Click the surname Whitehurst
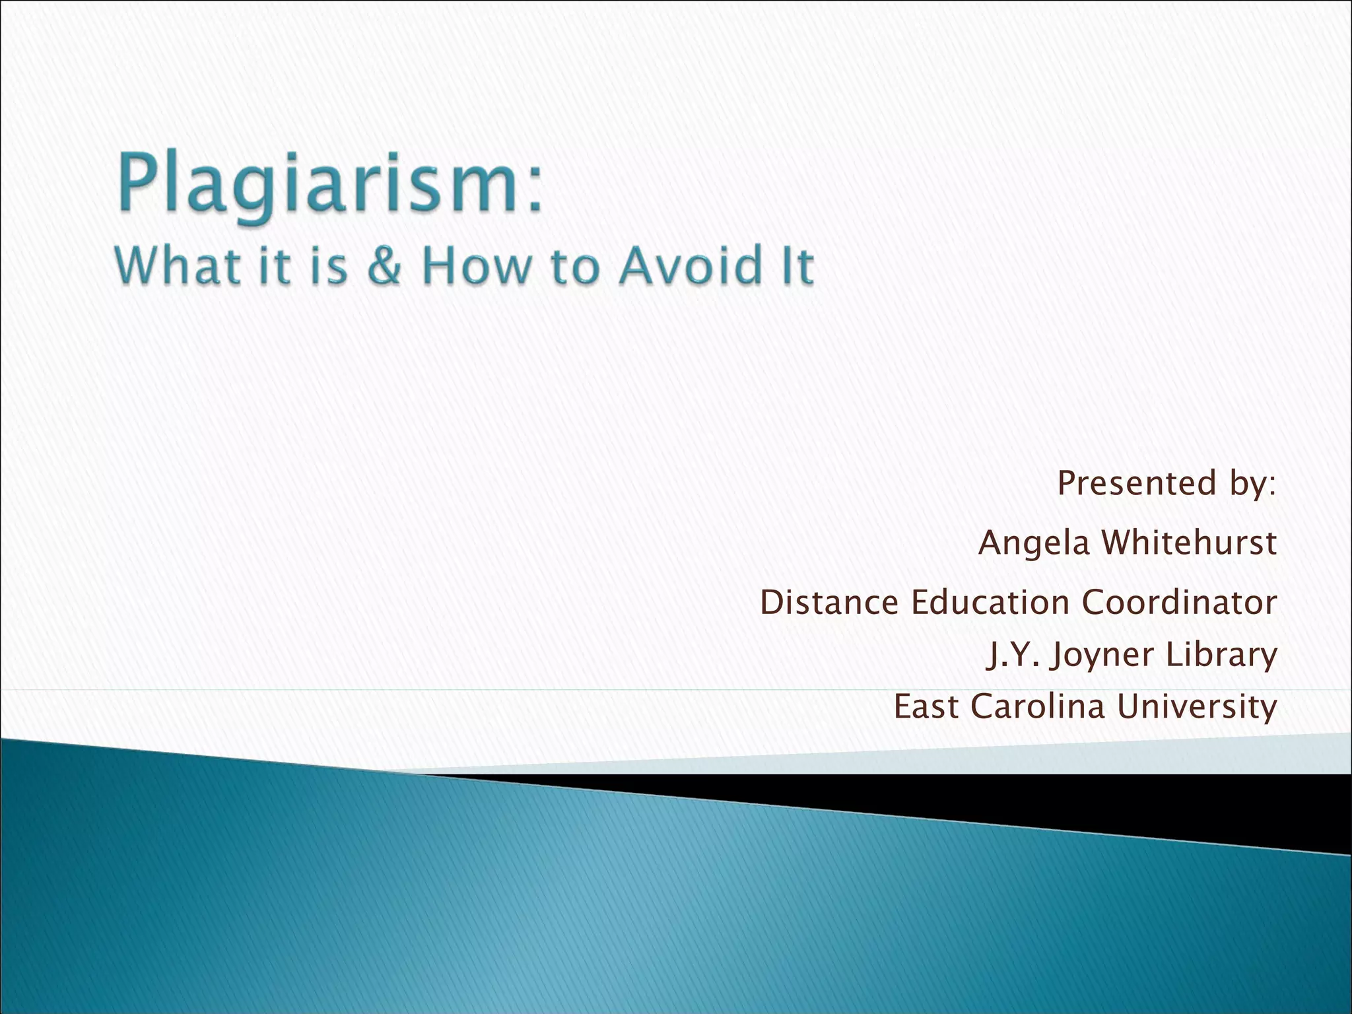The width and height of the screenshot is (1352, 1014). tap(1190, 543)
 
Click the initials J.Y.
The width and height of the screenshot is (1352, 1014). tap(1013, 655)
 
